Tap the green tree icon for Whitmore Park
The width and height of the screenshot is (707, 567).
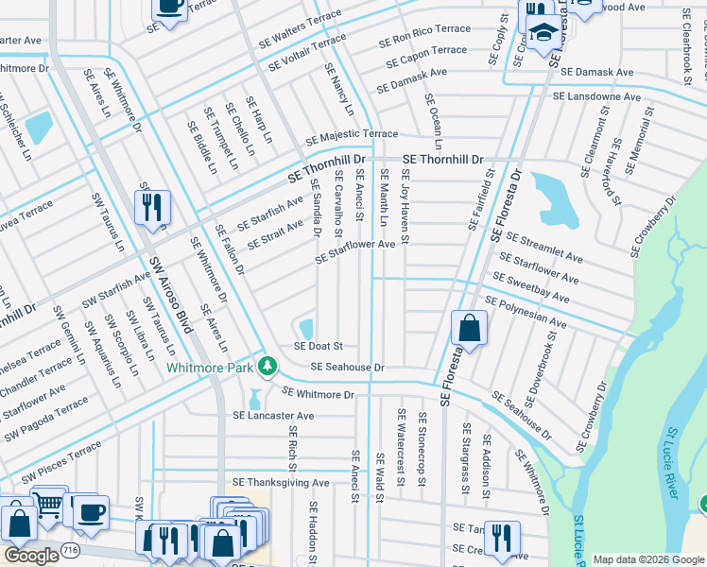(269, 365)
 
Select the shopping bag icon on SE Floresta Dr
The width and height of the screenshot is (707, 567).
(469, 329)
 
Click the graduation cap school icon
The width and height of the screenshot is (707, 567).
(543, 35)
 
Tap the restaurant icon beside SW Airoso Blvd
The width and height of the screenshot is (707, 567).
(152, 207)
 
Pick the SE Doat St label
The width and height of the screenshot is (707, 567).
(318, 347)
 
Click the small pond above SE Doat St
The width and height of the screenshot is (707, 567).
(306, 328)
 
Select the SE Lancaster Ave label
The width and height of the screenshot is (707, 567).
(274, 416)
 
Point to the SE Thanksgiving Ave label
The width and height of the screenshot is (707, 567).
(281, 483)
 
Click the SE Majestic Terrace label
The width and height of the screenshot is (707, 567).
(352, 136)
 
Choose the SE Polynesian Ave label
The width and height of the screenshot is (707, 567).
(526, 312)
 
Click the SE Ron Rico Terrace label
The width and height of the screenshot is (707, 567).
(424, 36)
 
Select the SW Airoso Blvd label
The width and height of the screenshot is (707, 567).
(166, 293)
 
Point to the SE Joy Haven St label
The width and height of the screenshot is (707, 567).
(405, 205)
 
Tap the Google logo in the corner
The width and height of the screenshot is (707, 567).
(31, 556)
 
